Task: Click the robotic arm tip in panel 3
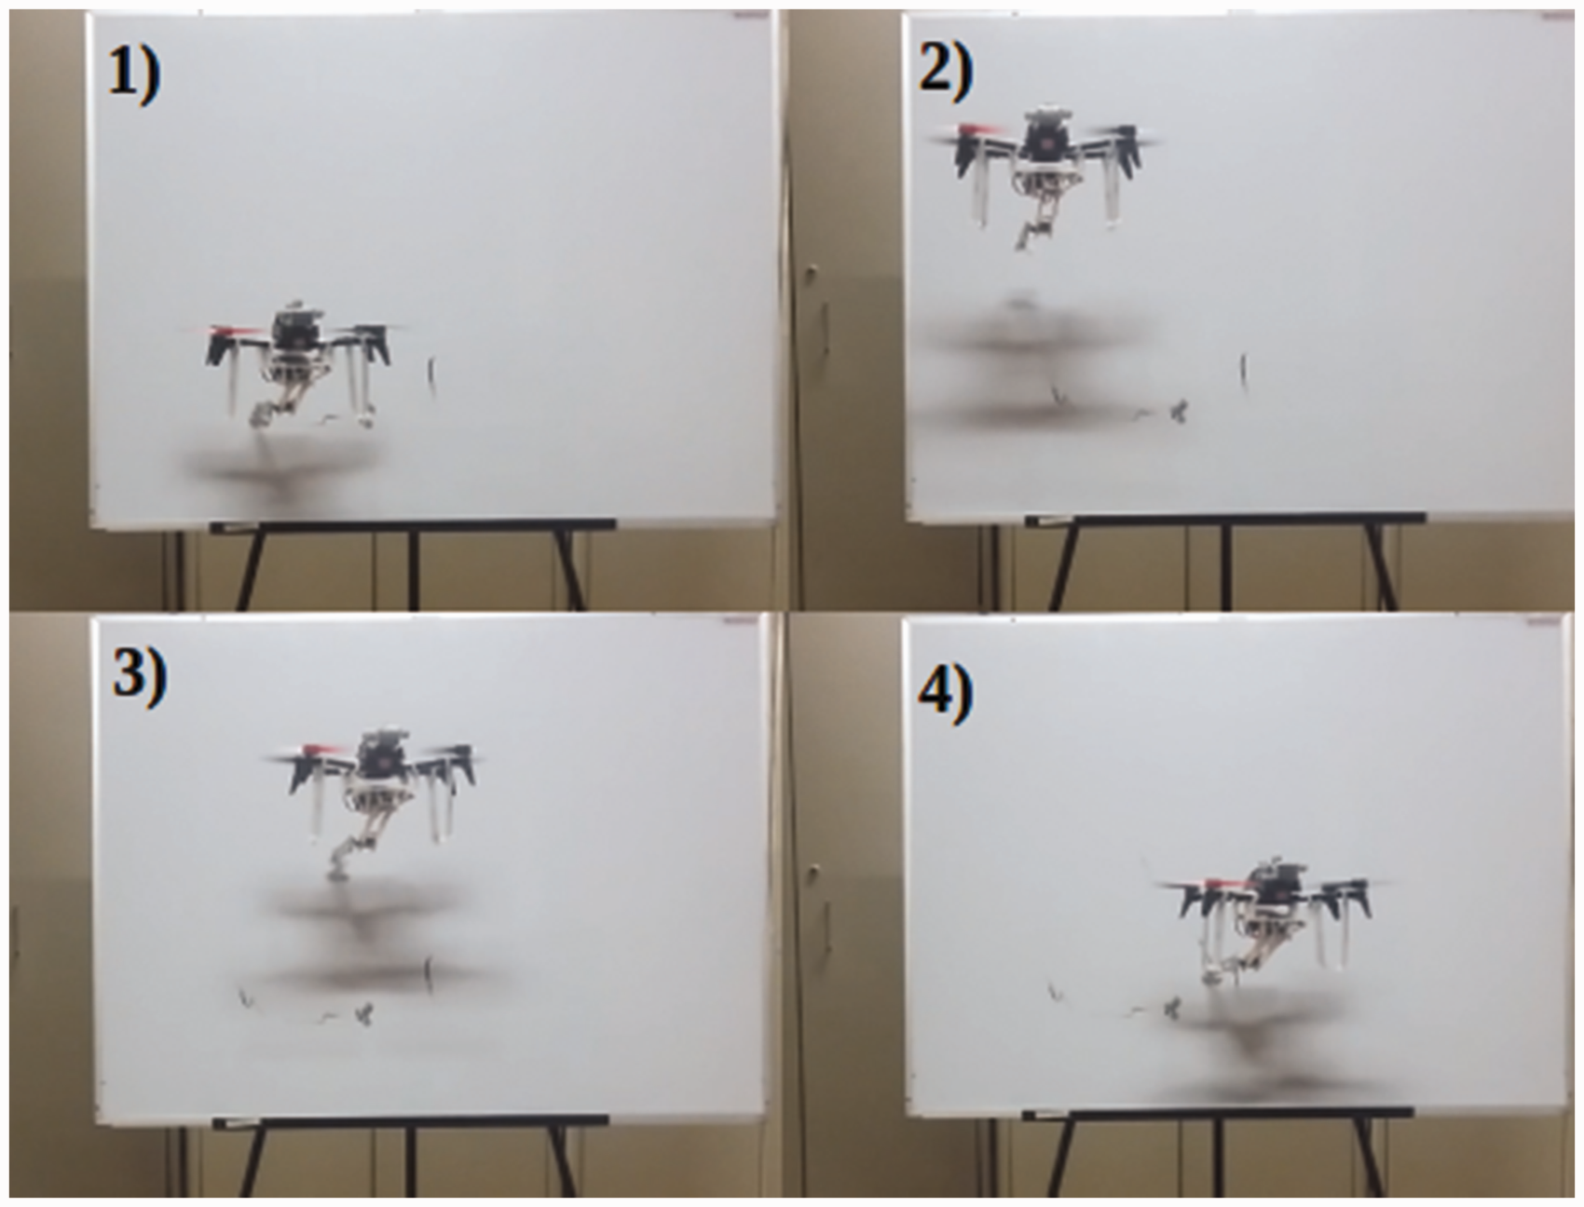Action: (335, 873)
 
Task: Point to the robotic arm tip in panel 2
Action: (1024, 240)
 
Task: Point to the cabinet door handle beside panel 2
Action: (812, 275)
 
